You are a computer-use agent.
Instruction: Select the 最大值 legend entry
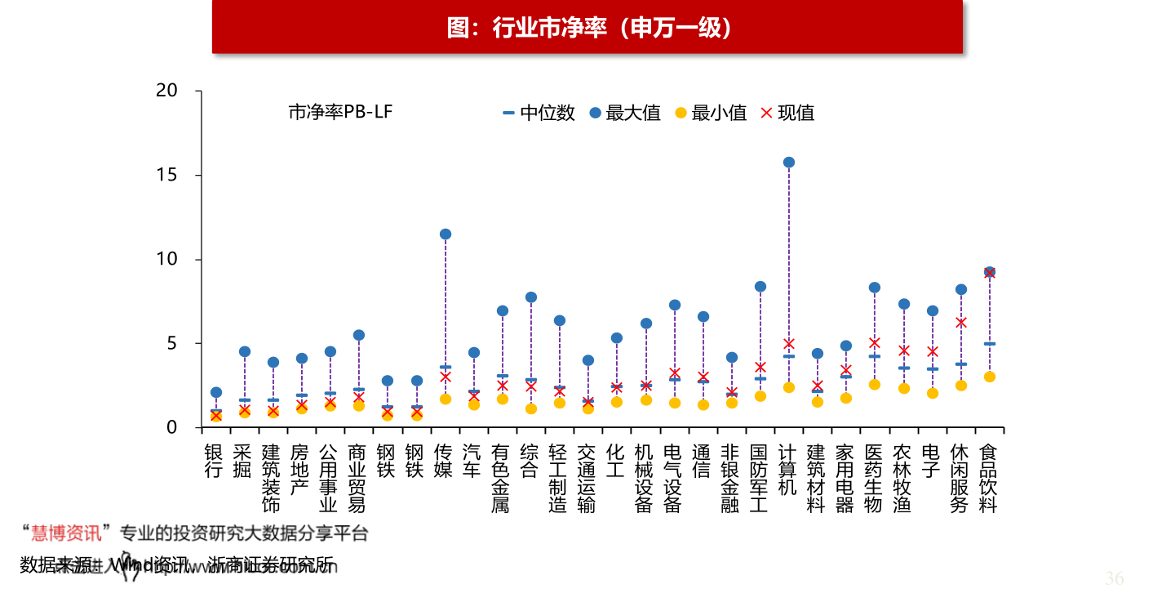pos(625,113)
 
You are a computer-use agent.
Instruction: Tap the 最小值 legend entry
pos(711,113)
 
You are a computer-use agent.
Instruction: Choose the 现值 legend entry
pos(788,113)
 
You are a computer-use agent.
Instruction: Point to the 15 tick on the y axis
pos(167,175)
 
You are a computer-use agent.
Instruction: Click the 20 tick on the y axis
pos(167,91)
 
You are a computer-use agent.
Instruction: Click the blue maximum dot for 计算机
pos(788,163)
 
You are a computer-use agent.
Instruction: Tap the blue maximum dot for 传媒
pos(446,234)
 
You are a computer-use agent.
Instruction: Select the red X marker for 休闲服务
pos(961,323)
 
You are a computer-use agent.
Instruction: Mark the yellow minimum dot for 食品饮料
pos(989,377)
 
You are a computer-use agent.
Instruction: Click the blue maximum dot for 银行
pos(216,393)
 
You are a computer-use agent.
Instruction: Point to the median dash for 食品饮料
pos(989,344)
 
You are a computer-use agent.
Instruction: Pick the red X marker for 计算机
pos(788,344)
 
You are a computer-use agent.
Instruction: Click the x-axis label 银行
pos(214,461)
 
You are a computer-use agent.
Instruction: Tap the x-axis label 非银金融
pos(730,479)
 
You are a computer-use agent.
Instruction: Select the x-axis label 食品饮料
pos(988,479)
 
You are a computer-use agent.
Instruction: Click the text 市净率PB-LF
pos(340,113)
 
